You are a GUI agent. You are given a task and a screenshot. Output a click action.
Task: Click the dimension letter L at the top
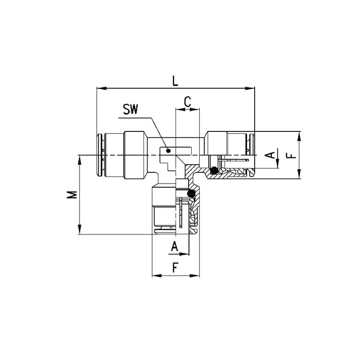(x=175, y=81)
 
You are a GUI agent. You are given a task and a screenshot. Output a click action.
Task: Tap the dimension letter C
(x=188, y=102)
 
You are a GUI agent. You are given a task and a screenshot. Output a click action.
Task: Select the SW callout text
(x=130, y=109)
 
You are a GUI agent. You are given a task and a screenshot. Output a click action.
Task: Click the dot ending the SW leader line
(x=168, y=151)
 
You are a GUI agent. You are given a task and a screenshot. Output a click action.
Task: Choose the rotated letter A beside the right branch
(x=270, y=155)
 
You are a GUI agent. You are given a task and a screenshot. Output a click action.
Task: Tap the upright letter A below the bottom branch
(x=175, y=246)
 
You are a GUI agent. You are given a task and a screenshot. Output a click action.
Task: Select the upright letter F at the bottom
(x=175, y=268)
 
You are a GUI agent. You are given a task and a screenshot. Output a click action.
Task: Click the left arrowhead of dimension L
(x=102, y=88)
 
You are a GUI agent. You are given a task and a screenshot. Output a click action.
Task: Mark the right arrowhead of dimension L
(x=250, y=88)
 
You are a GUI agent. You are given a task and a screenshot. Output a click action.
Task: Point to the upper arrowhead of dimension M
(x=80, y=160)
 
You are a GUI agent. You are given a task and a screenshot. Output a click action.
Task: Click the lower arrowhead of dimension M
(x=80, y=229)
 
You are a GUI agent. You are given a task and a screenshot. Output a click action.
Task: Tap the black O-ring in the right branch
(x=214, y=170)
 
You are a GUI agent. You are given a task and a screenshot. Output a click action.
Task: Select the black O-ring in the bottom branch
(x=191, y=194)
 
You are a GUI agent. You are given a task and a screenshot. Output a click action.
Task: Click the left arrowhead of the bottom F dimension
(x=157, y=275)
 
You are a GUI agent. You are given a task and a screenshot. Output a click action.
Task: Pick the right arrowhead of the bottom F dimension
(x=194, y=275)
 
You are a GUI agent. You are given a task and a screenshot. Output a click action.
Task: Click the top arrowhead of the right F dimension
(x=299, y=136)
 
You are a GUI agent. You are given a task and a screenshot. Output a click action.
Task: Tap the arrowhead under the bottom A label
(x=184, y=254)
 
